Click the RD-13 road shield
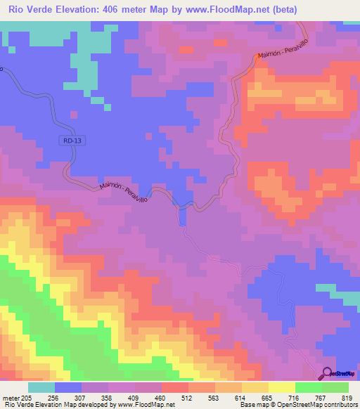tap(67, 141)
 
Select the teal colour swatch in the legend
tap(41, 387)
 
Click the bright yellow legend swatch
tap(282, 387)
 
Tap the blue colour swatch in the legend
tap(68, 387)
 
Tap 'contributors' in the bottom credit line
tap(339, 405)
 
